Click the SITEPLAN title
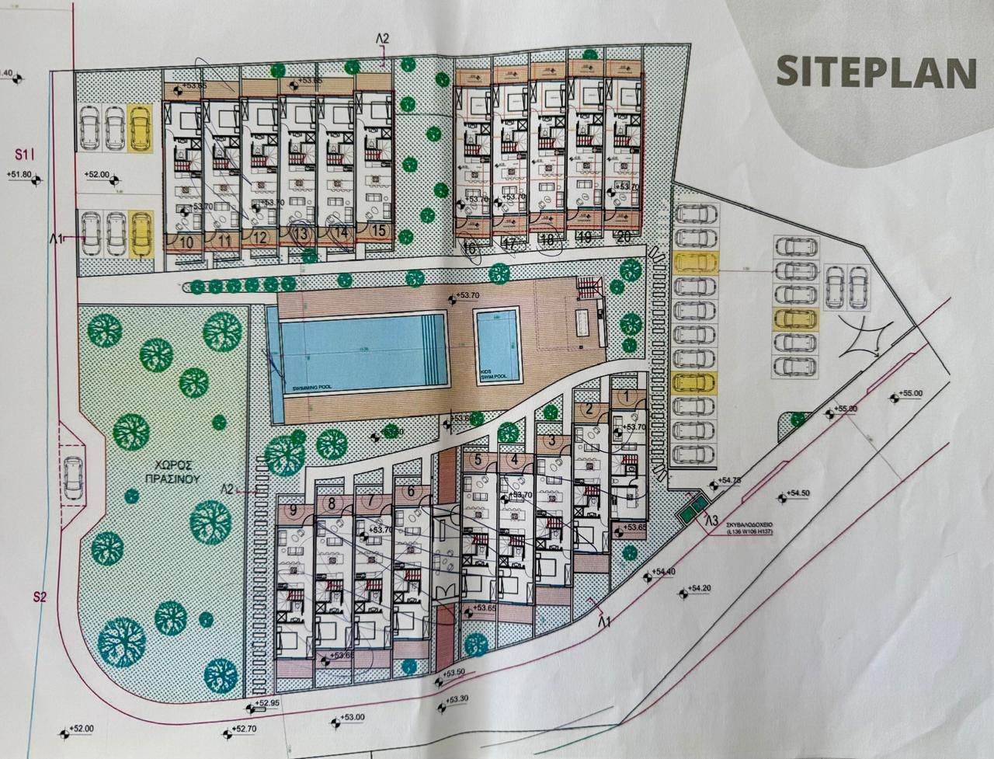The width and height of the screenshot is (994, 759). pos(875,71)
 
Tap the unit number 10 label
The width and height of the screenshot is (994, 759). pos(186,241)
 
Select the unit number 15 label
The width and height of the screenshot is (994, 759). pos(378,230)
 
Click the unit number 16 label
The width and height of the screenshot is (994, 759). pos(468,248)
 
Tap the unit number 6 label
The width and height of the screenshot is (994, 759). pos(411,491)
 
